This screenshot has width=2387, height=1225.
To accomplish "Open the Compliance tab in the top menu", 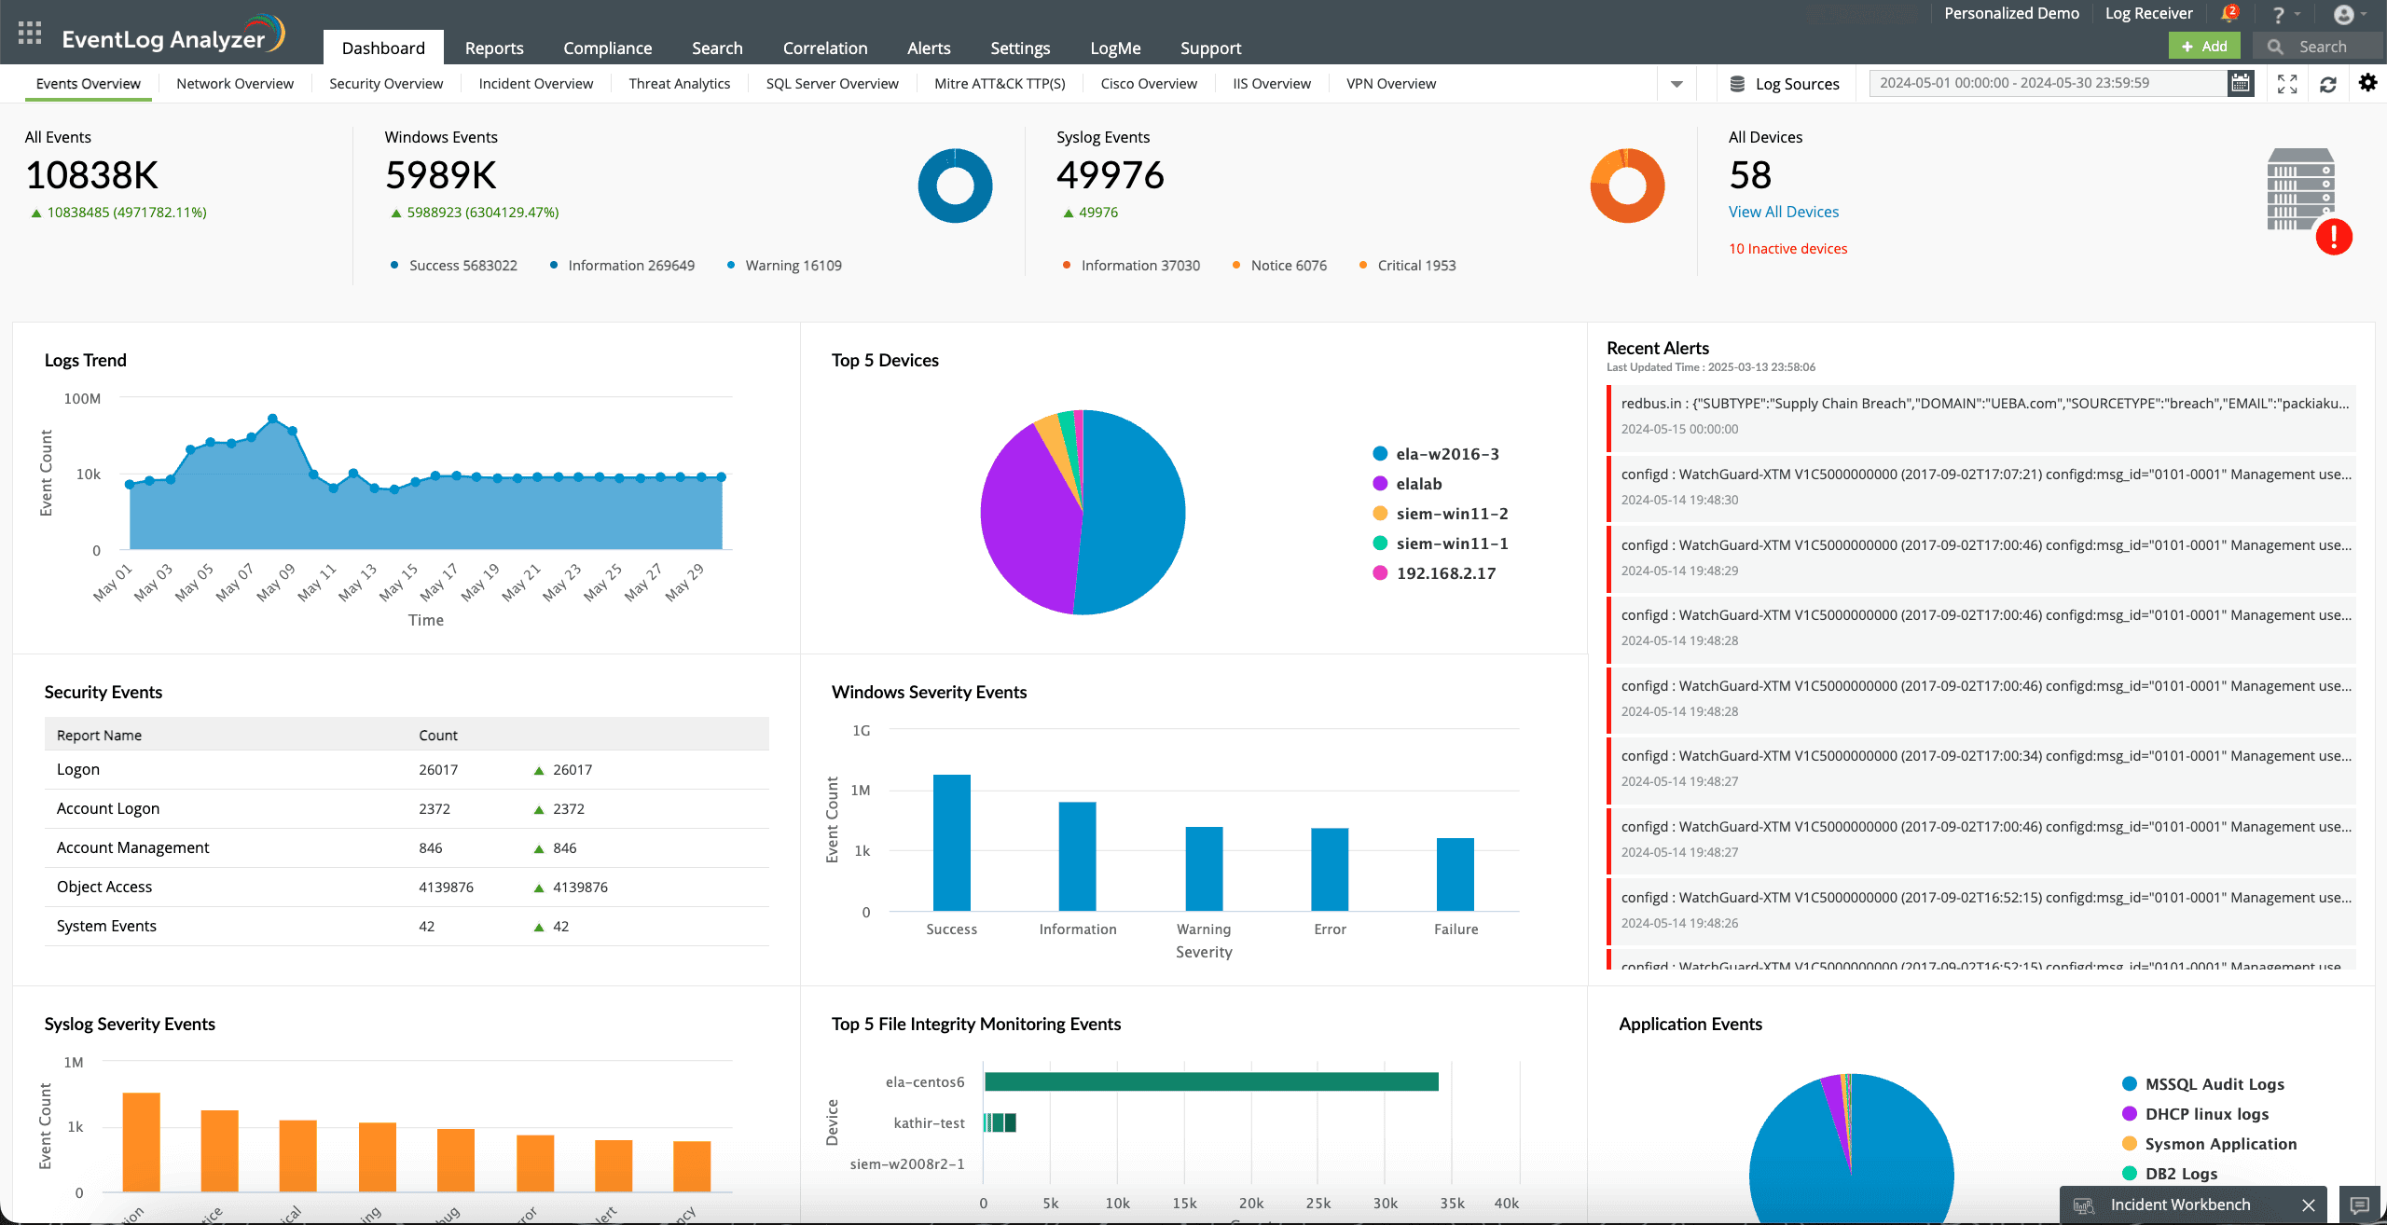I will tap(607, 48).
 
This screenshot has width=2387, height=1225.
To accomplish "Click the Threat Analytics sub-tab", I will tap(679, 84).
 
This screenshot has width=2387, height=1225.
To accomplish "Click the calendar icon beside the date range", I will tap(2240, 83).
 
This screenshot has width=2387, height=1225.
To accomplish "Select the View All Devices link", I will tap(1783, 212).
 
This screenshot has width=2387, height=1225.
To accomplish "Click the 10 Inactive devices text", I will tap(1787, 249).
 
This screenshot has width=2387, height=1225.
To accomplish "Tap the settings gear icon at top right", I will tap(2367, 83).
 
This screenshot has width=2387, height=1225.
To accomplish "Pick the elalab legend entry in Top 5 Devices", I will tap(1418, 484).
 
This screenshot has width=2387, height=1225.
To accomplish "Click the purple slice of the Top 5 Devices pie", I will tap(1026, 522).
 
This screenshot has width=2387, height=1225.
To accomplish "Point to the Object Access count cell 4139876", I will tap(446, 888).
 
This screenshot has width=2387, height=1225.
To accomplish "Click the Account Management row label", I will tap(132, 847).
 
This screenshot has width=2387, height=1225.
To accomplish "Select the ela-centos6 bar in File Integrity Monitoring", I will tap(1210, 1081).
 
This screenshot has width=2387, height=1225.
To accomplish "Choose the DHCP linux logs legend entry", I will tap(2206, 1114).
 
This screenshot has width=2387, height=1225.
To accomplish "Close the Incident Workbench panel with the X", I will tap(2309, 1204).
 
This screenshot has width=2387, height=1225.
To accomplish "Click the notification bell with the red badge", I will tap(2229, 14).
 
